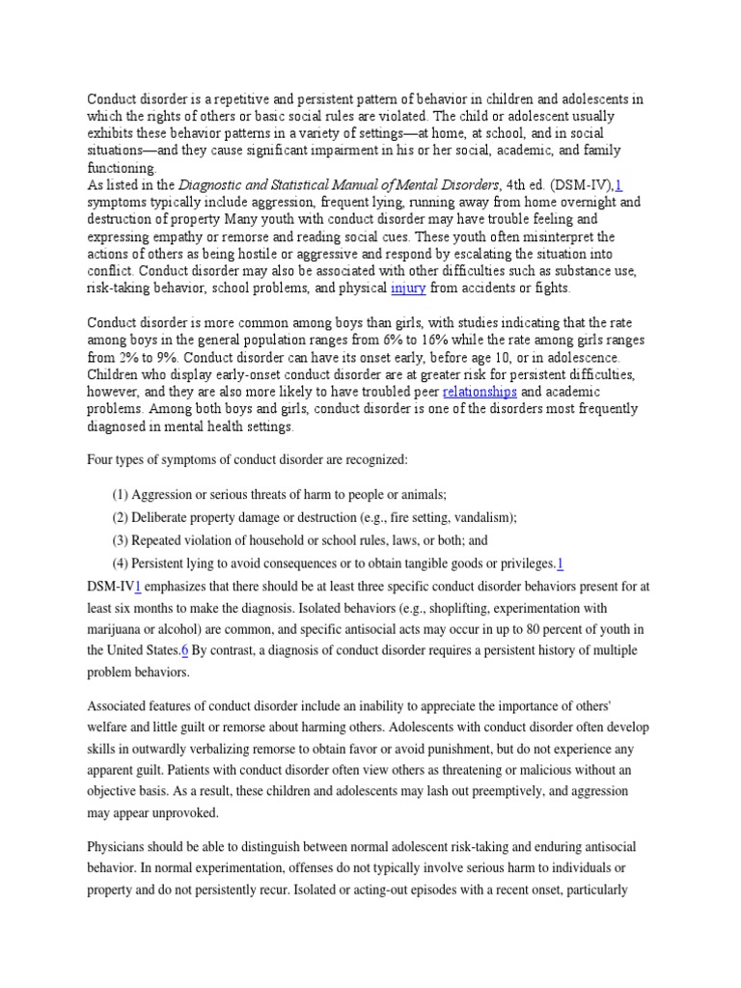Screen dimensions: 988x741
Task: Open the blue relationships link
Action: click(x=480, y=392)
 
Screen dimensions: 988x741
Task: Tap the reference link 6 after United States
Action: click(x=184, y=650)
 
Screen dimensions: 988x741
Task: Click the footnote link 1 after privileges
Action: click(x=561, y=563)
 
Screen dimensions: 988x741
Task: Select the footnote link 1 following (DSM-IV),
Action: click(x=618, y=185)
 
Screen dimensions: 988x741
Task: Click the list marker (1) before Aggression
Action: click(x=121, y=494)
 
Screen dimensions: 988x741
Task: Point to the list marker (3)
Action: click(x=121, y=540)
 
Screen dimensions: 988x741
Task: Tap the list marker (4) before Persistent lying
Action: click(x=121, y=563)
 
